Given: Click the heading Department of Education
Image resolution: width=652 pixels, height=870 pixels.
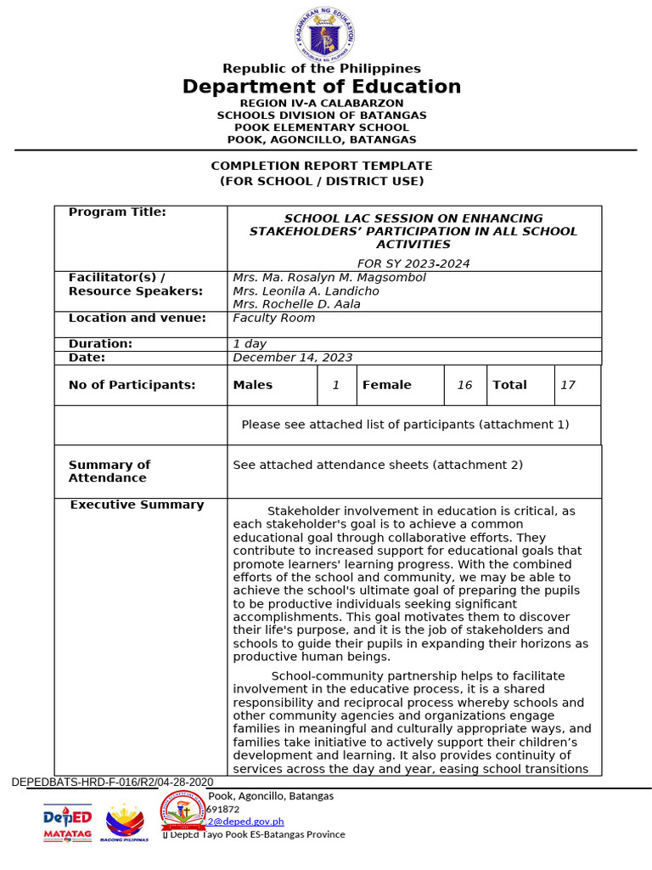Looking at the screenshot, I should coord(322,87).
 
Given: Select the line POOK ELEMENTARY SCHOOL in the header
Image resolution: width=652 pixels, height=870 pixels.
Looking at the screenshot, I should coord(322,127).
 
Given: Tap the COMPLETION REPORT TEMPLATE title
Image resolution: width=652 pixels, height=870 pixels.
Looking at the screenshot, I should coord(322,166).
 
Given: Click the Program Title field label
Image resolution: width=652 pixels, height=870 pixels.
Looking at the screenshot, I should coord(117,212).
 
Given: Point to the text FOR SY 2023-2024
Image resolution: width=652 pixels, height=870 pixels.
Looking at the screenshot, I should coord(413,263).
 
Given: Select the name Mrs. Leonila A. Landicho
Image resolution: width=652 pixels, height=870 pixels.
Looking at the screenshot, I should coord(306,291).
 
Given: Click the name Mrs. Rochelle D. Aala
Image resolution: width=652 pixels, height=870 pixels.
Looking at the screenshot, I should coord(296,304).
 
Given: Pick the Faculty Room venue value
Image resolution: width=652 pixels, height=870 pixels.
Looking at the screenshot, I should coord(273,318).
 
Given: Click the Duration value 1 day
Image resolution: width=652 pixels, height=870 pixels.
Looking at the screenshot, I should coord(250,344).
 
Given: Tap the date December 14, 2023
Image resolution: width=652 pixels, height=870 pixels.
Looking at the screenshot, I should coord(292,358).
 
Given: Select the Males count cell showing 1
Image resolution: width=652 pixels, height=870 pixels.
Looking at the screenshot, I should coord(335,385).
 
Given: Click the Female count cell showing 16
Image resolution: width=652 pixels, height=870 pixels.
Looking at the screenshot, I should coord(464,385).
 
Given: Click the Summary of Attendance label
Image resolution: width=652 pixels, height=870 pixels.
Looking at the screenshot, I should coord(109,471).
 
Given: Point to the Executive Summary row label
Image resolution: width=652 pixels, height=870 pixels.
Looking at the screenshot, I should coord(137,505).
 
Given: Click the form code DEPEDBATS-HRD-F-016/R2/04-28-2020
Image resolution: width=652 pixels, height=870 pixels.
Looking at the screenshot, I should coord(112,782).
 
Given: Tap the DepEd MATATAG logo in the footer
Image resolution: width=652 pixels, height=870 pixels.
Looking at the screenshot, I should coord(67,822).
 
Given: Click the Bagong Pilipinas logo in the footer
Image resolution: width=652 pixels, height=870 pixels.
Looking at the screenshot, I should coord(125,822).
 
